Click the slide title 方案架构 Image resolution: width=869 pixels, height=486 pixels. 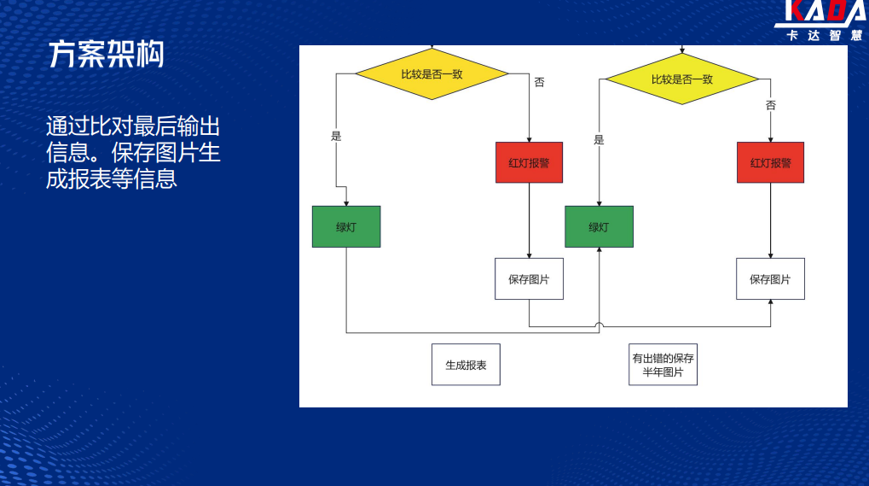(107, 55)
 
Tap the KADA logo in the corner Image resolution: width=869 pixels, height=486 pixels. (821, 20)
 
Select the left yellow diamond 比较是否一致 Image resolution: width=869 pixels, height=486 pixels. (432, 73)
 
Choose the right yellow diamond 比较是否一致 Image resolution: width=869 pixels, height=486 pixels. (681, 79)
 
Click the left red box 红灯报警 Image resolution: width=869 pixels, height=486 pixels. (530, 162)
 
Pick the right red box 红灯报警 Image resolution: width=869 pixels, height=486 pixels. (770, 162)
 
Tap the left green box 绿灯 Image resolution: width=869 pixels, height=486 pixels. (346, 227)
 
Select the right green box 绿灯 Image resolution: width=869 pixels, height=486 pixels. (600, 227)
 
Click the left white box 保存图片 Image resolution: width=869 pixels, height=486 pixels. (530, 279)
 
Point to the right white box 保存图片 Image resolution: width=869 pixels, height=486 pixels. (770, 279)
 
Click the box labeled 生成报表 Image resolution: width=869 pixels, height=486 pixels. (466, 365)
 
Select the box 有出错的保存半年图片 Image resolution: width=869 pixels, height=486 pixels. (663, 365)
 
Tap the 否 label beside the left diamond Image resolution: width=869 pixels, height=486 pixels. (539, 82)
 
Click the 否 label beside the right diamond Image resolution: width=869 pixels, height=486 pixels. (771, 105)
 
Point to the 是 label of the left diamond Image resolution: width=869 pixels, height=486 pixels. (336, 136)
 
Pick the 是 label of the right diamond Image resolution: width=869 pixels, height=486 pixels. (600, 140)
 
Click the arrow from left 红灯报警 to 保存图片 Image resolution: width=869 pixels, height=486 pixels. (530, 221)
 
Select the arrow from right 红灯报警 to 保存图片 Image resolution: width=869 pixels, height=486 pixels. (770, 221)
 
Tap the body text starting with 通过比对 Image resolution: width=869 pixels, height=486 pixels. (133, 153)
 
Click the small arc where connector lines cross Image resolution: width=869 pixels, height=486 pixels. (600, 324)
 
